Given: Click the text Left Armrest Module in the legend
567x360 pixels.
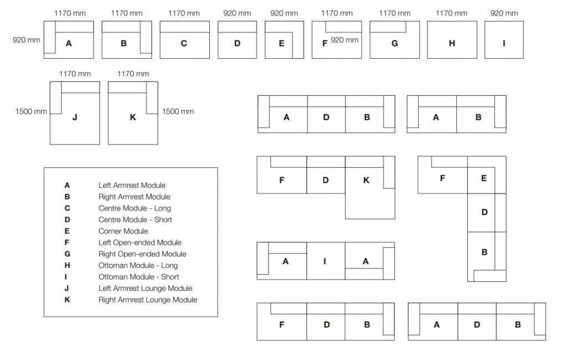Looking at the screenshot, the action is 132,186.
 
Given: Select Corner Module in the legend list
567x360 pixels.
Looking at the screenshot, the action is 123,231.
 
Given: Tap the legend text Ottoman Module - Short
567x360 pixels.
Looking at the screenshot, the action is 138,277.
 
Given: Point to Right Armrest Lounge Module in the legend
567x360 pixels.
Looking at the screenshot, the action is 148,300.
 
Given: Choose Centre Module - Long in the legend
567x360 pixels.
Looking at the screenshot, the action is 135,208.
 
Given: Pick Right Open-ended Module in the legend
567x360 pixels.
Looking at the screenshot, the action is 142,254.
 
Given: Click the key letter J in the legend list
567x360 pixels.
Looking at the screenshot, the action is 67,288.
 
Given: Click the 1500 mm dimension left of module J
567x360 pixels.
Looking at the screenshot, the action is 31,111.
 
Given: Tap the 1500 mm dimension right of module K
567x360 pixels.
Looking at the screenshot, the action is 178,111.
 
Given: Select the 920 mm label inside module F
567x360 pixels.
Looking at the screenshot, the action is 344,40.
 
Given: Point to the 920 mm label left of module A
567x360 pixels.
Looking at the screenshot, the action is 26,40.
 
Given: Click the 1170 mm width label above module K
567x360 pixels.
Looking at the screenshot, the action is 133,74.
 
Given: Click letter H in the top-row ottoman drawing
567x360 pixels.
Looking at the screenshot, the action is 452,43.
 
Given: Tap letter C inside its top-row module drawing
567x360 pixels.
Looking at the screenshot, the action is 184,43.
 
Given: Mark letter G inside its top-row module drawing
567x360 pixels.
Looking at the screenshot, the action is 395,43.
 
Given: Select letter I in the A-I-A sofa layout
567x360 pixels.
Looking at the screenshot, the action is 325,261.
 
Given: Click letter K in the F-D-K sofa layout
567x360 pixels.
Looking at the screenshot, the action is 366,180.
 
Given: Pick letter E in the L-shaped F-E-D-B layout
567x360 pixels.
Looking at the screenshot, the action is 484,178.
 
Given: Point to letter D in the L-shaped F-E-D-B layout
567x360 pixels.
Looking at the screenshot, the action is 484,212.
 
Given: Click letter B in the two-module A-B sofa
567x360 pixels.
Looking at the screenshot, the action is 478,117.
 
